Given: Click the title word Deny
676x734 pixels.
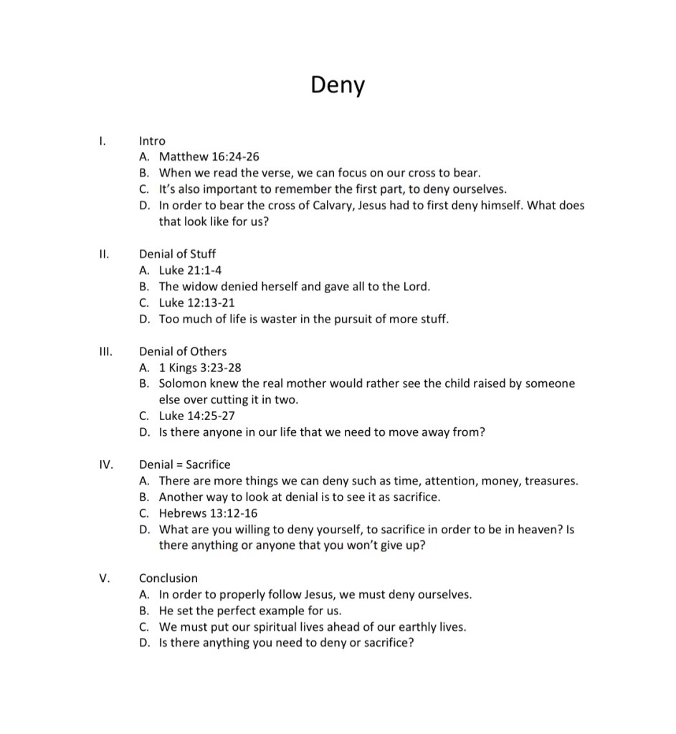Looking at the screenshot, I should click(x=338, y=85).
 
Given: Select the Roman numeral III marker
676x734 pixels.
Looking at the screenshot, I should click(x=104, y=351).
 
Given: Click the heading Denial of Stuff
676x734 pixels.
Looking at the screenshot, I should click(x=177, y=254).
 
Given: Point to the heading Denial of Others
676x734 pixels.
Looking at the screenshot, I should click(x=183, y=351).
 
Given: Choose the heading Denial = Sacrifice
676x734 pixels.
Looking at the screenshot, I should click(x=185, y=464).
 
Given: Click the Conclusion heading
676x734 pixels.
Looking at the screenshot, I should click(x=168, y=578).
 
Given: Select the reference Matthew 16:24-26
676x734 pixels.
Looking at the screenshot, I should click(x=209, y=156).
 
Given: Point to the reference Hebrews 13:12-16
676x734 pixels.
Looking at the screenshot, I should click(x=209, y=513).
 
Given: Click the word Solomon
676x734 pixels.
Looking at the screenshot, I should click(x=182, y=383).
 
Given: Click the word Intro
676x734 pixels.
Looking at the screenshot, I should click(x=152, y=141).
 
